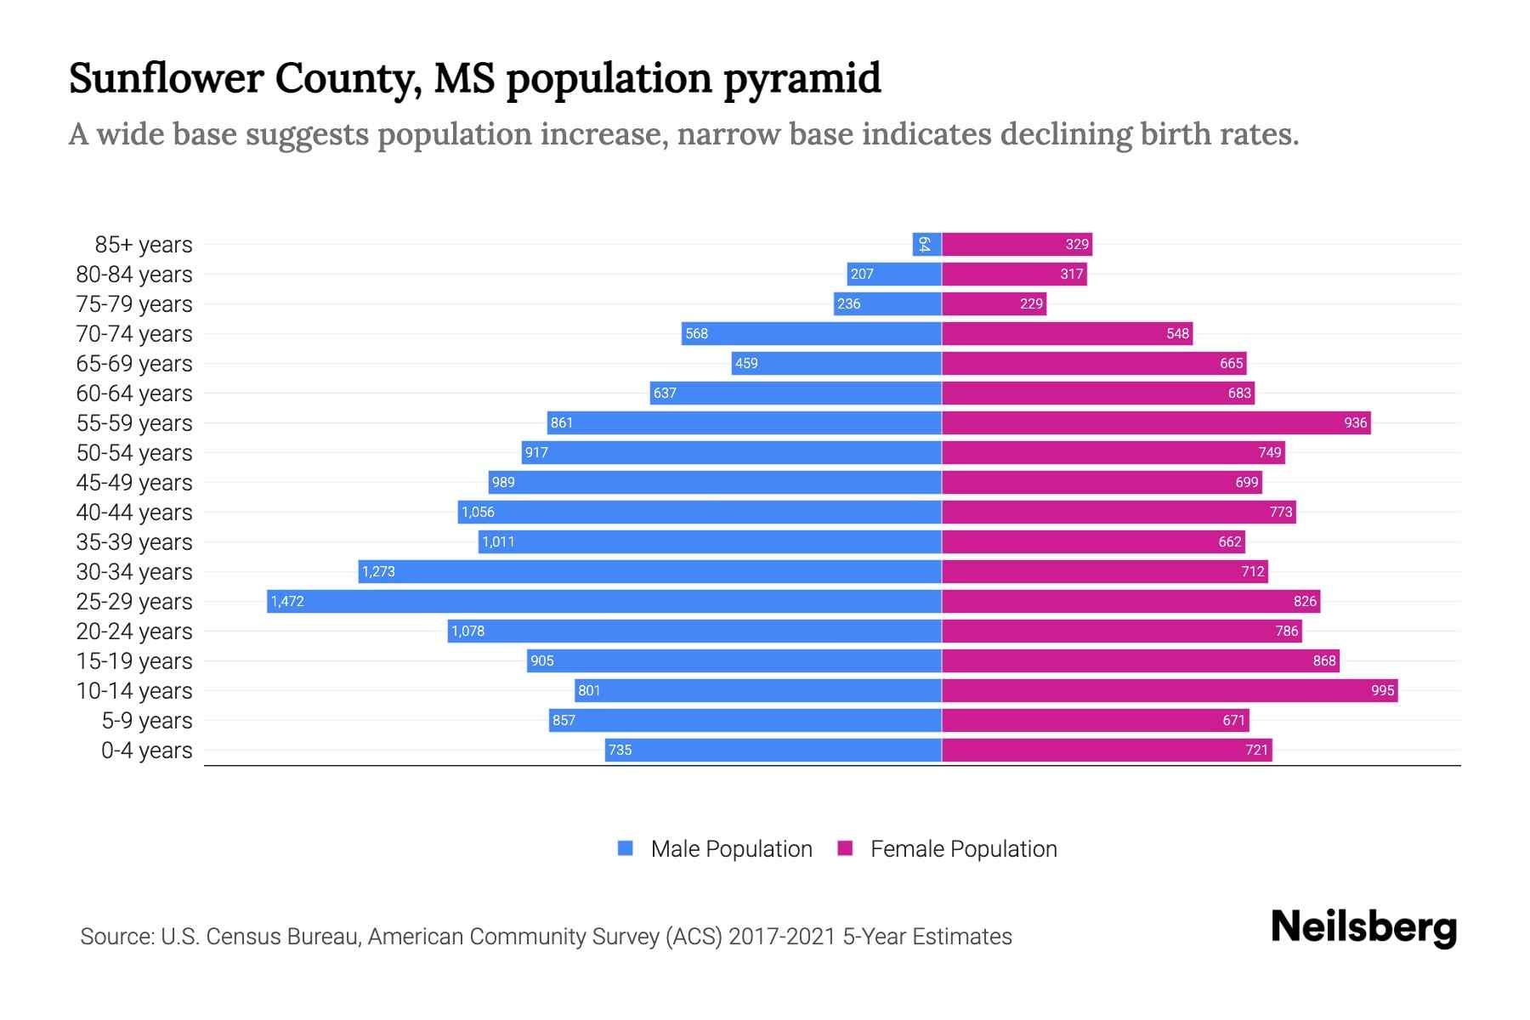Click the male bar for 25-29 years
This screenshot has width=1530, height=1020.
(x=603, y=601)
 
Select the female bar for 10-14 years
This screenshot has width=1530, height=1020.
(x=1169, y=690)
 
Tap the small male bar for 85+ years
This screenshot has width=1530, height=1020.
(x=926, y=244)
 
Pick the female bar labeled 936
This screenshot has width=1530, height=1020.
(x=1156, y=422)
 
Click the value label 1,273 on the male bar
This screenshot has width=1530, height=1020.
(x=378, y=571)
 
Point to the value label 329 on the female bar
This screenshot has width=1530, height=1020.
(x=1077, y=244)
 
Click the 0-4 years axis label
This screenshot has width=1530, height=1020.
(x=146, y=751)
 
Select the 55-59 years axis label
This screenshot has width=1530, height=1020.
(x=134, y=423)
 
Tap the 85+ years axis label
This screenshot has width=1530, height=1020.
(x=144, y=245)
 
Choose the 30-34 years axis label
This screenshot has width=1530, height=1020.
(x=134, y=572)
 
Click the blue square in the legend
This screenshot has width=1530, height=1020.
(x=626, y=848)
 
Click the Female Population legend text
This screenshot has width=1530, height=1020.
(x=963, y=849)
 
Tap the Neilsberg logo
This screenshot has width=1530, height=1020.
(x=1363, y=927)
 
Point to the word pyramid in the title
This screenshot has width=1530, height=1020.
(x=802, y=78)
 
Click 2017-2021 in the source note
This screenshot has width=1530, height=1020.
(x=782, y=937)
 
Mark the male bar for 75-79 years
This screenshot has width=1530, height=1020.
(x=887, y=303)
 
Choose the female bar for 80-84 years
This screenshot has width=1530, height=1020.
(x=1014, y=274)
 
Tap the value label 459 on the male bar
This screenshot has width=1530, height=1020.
(x=746, y=363)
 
